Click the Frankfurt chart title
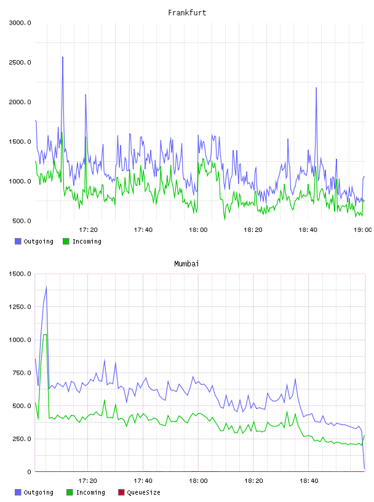[187, 12]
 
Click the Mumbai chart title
[186, 263]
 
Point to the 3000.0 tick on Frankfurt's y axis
[20, 23]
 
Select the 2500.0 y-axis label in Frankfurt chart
[20, 62]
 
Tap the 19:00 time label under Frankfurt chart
[362, 229]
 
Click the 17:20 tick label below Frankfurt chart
[88, 229]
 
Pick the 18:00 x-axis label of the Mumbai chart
[198, 480]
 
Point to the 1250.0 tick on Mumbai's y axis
[20, 307]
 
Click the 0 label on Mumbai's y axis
[29, 472]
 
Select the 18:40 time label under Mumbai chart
[309, 480]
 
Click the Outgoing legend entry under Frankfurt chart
[34, 241]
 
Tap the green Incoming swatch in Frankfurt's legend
[66, 241]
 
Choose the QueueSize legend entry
[139, 492]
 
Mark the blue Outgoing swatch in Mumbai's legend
[18, 492]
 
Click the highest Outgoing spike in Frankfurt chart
[63, 57]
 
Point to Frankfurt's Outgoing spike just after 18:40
[316, 88]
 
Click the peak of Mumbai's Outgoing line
[46, 287]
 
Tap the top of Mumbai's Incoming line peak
[46, 334]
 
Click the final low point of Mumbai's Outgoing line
[364, 469]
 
